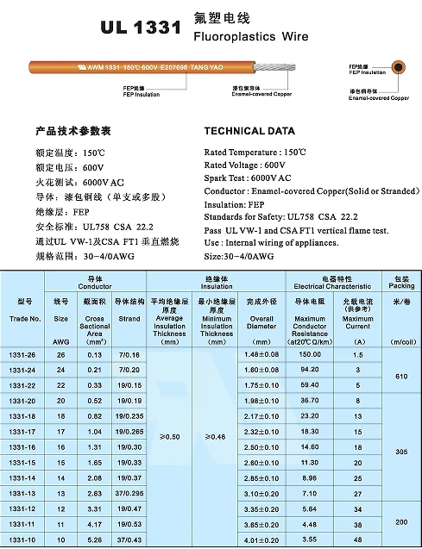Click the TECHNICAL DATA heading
250,131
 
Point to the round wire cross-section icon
398,71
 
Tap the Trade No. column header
24,318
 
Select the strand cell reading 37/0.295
129,494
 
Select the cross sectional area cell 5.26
95,540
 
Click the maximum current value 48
357,540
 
